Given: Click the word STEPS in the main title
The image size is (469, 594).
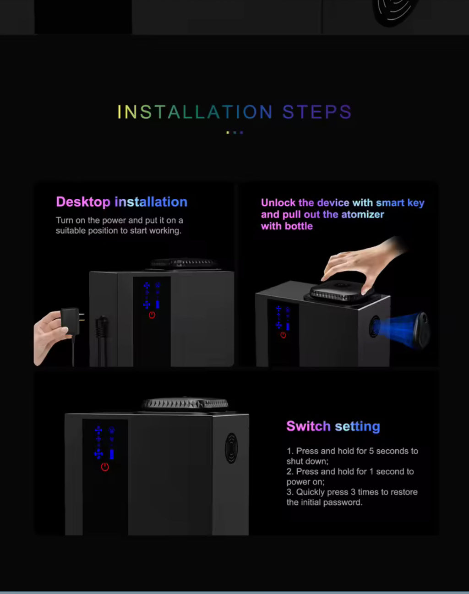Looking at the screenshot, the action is [317, 112].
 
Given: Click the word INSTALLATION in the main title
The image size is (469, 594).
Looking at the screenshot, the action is [195, 112].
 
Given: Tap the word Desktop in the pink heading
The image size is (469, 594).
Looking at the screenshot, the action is [83, 202].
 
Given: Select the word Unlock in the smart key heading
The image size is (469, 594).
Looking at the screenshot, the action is [278, 202].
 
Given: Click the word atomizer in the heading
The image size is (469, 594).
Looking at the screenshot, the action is [362, 214].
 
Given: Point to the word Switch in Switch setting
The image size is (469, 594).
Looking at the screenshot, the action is [308, 426].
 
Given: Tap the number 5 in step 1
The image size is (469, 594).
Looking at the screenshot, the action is [371, 451].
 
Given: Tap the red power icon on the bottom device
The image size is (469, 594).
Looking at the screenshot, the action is [105, 467].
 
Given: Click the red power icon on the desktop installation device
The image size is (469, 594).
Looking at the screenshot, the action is [152, 315].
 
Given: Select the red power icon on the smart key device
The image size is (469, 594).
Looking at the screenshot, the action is [283, 335].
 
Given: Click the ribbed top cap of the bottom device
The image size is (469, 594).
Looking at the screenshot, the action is [185, 404].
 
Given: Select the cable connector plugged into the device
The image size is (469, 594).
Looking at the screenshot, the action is [102, 330].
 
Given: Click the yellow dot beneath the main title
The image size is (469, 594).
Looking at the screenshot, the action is [228, 132].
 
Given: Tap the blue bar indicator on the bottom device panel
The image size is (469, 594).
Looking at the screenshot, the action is [112, 454].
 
